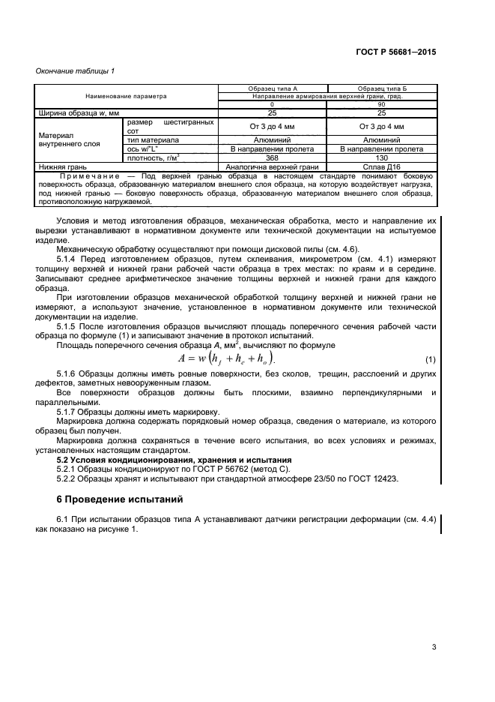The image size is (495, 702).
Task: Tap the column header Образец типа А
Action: click(x=273, y=88)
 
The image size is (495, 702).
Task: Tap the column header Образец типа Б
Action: click(x=382, y=88)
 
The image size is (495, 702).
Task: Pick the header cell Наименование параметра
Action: click(x=126, y=96)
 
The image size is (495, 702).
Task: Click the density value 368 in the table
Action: click(x=273, y=157)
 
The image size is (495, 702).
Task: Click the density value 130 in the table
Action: click(x=382, y=157)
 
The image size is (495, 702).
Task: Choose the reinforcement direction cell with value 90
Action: click(x=382, y=104)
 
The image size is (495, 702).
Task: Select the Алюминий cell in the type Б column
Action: click(x=382, y=139)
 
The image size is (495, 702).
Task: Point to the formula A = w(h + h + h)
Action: click(x=225, y=357)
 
